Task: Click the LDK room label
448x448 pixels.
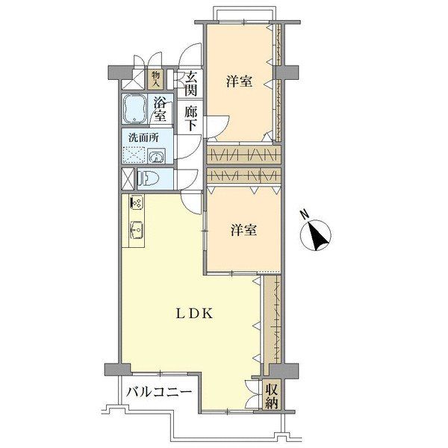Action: (x=195, y=314)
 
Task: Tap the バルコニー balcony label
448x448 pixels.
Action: (x=159, y=391)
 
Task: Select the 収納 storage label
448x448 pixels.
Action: (x=270, y=395)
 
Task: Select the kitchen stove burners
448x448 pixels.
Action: (x=137, y=202)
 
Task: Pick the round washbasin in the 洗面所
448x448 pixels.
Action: (x=158, y=156)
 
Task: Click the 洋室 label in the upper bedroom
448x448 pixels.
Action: (x=238, y=81)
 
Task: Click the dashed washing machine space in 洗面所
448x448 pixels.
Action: (x=135, y=155)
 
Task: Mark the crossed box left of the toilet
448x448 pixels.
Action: (x=128, y=179)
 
